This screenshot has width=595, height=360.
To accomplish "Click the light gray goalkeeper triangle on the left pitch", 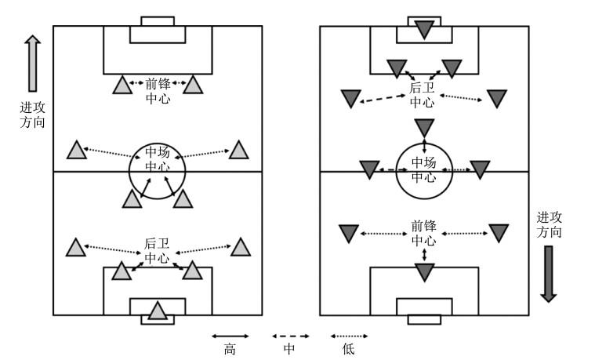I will coord(158,311).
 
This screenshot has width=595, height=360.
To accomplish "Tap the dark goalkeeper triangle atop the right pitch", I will coord(424,30).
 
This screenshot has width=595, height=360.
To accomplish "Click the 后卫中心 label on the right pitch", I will coord(422,96).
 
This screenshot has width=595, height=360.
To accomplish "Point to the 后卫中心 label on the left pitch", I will coord(158,251).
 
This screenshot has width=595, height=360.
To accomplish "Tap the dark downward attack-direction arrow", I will coord(548,274).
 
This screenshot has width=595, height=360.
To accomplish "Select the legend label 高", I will coord(230,350).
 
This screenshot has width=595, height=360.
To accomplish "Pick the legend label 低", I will coord(348,350).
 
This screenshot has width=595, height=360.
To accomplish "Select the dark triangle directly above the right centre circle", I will coord(424,127).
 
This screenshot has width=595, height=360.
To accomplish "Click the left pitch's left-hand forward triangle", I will coord(122,85).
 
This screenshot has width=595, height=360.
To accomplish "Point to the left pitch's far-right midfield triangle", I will coord(238,148).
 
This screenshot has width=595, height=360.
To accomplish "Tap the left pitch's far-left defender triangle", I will coord(74,248).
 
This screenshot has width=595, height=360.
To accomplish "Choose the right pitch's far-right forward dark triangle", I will coord(499,233).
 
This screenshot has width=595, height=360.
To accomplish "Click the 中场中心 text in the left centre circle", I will coord(158,160).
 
